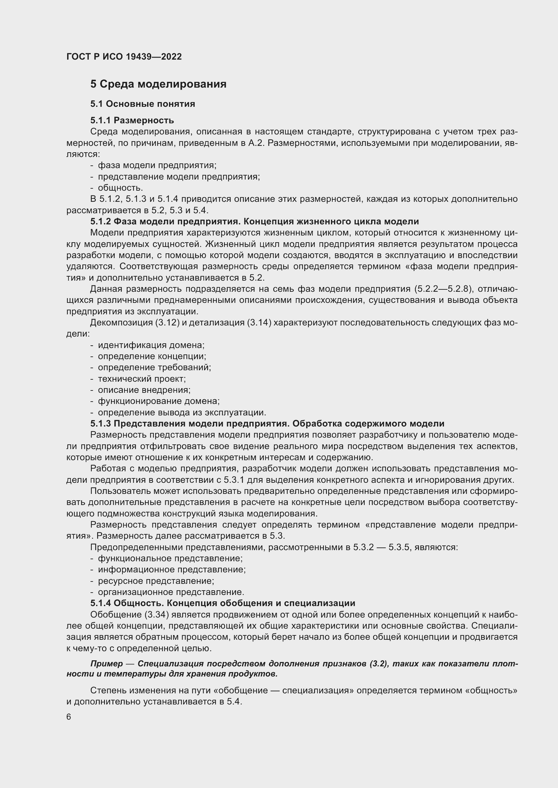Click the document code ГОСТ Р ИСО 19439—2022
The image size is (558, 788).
click(124, 57)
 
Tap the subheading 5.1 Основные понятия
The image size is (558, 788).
click(143, 104)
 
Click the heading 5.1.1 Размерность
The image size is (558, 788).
click(132, 120)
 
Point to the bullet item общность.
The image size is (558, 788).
click(120, 188)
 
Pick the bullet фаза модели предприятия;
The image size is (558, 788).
click(157, 165)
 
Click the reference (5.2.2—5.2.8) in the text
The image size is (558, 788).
click(443, 289)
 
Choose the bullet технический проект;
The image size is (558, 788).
click(142, 379)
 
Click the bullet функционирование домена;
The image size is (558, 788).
click(159, 401)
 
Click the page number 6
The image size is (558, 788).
click(69, 717)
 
